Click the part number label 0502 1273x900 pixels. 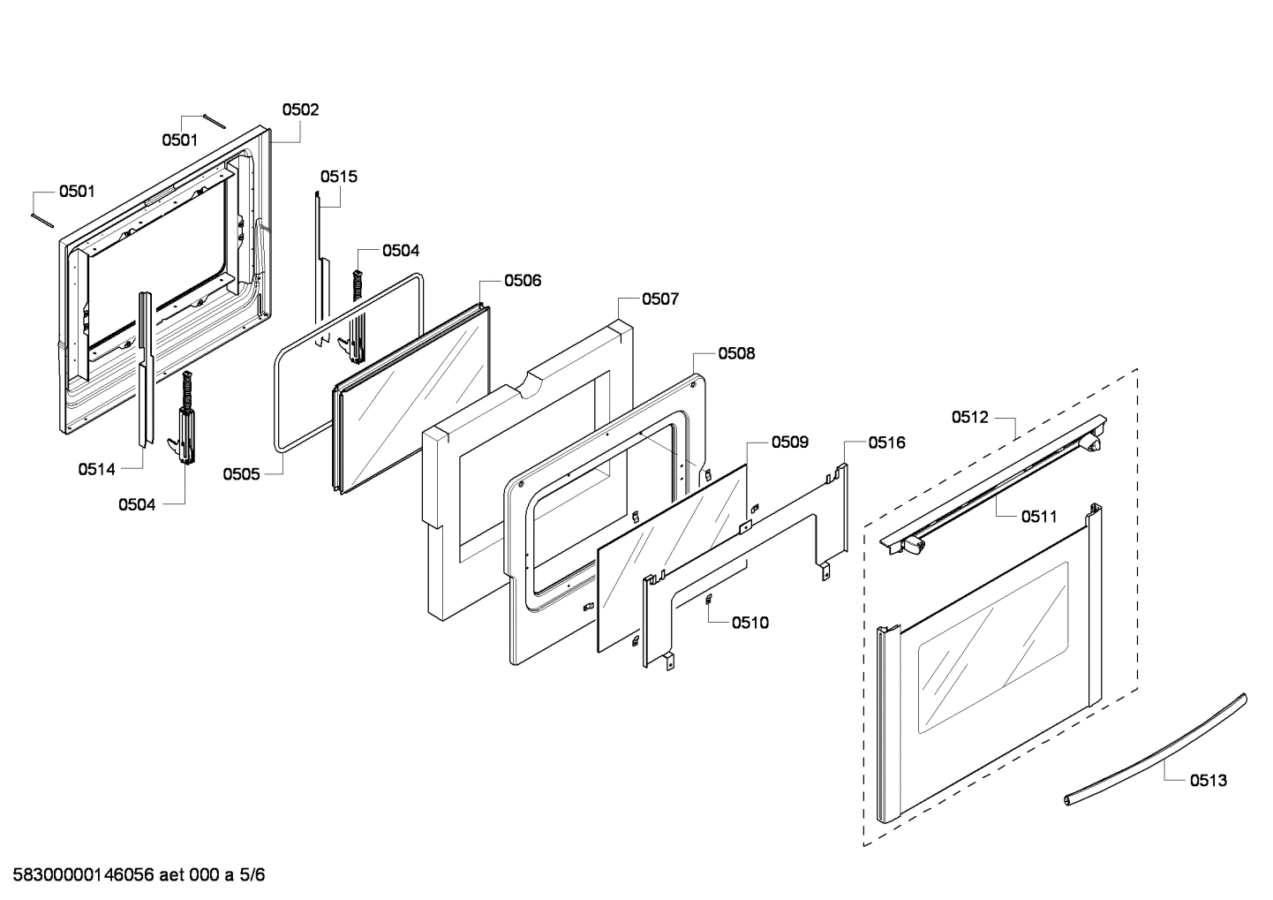coord(300,110)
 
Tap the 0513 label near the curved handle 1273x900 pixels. coord(1208,780)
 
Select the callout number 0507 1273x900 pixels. coord(659,299)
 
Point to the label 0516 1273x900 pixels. coord(885,443)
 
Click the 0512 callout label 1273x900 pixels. coord(969,418)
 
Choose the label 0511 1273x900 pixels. coord(1039,517)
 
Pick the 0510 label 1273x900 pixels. coord(749,623)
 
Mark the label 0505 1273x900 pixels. coord(241,474)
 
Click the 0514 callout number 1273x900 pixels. coord(96,470)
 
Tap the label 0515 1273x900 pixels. coord(338,177)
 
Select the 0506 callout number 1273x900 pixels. coord(523,281)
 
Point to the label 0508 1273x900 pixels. coord(736,353)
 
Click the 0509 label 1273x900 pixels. coord(789,442)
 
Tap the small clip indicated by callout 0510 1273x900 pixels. coord(708,601)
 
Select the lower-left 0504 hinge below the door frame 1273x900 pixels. coord(186,424)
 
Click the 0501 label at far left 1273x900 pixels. coord(77,192)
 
